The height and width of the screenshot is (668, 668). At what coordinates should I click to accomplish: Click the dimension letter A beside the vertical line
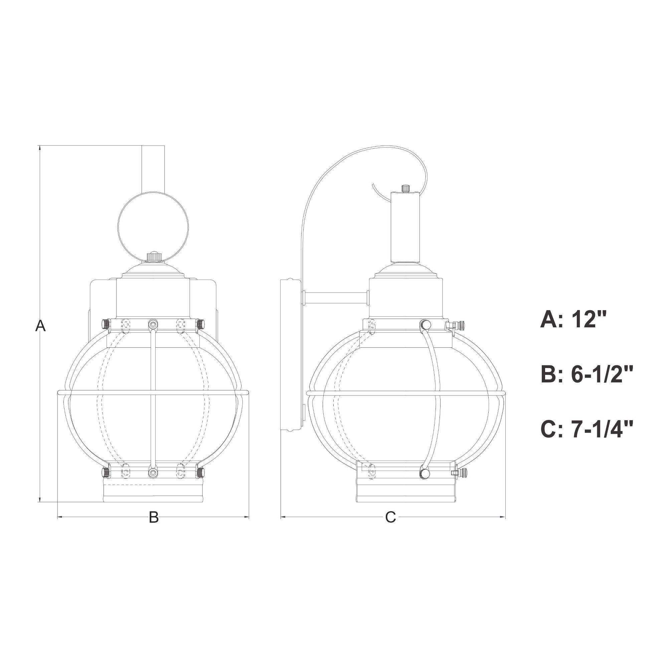[x=40, y=326]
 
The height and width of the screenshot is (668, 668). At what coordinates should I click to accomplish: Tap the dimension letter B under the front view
[x=154, y=527]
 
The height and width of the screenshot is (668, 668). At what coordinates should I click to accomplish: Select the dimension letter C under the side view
[x=390, y=527]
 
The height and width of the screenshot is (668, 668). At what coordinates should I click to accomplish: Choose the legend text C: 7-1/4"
[x=587, y=430]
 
